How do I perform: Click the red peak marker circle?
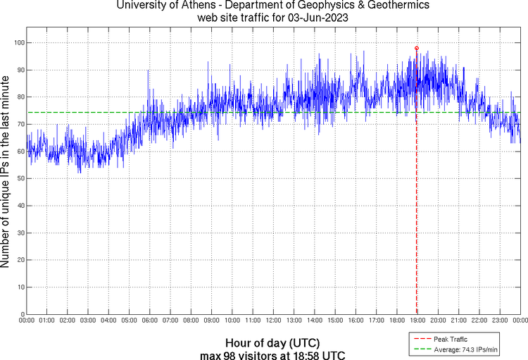tap(417, 48)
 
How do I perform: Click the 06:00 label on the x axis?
tap(150, 321)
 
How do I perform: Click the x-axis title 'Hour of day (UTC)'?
tap(272, 342)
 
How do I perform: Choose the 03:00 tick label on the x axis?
tap(88, 321)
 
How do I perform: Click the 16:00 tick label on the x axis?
tap(356, 321)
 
